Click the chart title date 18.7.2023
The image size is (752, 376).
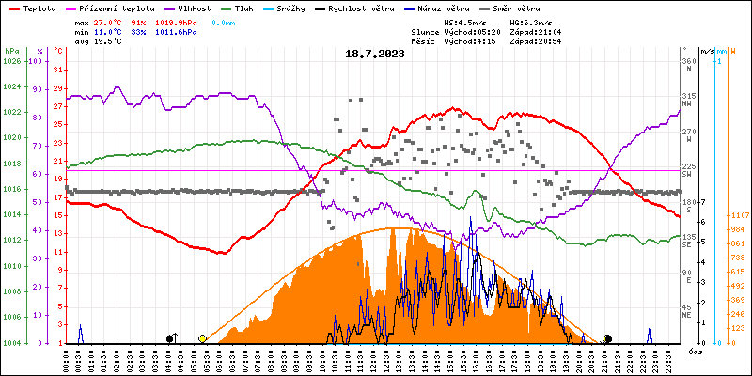374,54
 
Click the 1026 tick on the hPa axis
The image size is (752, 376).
11,61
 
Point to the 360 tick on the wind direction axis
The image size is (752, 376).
689,61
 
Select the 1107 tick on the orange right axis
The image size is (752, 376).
738,215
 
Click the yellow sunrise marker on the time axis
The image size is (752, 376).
202,338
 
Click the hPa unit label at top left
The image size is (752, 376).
11,51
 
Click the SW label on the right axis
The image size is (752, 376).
687,175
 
